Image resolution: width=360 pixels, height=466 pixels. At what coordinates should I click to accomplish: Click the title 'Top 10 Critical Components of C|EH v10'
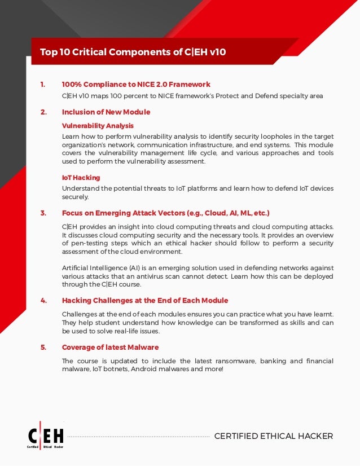[x=133, y=52]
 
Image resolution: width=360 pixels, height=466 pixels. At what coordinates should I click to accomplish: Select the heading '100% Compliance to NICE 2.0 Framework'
[x=135, y=85]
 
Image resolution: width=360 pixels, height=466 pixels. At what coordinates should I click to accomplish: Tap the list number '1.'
[x=43, y=85]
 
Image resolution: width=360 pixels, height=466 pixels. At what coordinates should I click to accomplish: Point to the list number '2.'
[x=43, y=112]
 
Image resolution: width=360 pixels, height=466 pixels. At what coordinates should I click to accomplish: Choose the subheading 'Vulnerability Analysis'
[x=97, y=125]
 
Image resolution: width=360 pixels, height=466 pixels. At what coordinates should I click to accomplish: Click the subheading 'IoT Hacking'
[x=81, y=177]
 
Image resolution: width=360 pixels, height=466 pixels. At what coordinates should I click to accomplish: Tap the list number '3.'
[x=43, y=213]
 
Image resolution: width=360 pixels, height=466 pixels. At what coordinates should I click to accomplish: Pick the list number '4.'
[x=43, y=300]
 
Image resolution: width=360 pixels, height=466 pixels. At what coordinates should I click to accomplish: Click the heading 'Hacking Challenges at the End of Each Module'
[x=144, y=300]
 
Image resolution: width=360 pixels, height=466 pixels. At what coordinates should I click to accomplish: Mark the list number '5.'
[x=43, y=347]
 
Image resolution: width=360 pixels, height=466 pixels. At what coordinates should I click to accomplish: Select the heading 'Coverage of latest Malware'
[x=110, y=347]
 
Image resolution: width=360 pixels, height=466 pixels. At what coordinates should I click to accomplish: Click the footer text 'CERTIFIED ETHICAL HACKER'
[x=274, y=436]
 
